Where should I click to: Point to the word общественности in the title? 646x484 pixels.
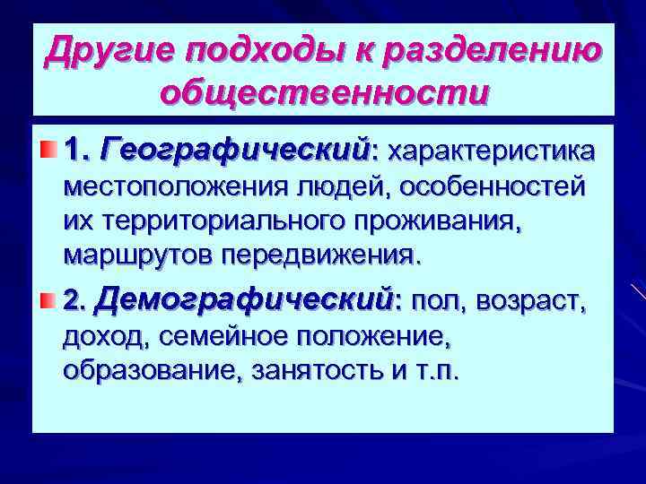(323, 91)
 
